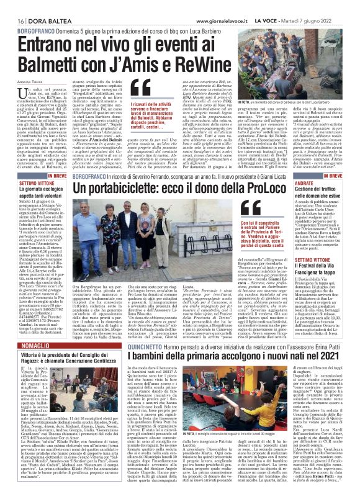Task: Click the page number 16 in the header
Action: pyautogui.click(x=12, y=20)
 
